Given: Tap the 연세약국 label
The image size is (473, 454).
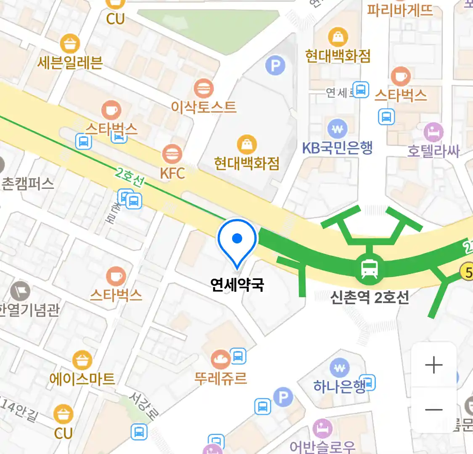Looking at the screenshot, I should [x=237, y=285].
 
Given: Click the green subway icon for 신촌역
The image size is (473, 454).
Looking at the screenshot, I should [x=369, y=269].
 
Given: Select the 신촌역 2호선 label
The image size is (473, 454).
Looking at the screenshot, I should [x=369, y=298].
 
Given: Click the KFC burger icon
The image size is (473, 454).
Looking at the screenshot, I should [x=172, y=154].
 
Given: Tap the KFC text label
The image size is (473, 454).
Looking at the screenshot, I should [x=172, y=173].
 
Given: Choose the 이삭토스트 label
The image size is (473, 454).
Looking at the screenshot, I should [x=203, y=107].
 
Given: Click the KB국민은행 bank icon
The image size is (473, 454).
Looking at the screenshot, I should [x=337, y=129].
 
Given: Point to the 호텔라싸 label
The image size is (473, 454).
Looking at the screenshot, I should [x=433, y=151].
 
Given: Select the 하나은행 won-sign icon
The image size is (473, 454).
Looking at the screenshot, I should [x=340, y=369].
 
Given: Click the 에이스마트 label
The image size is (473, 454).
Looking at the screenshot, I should [x=82, y=379].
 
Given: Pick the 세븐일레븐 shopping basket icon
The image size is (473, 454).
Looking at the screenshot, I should [x=70, y=44].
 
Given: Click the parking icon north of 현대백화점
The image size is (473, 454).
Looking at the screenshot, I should [x=275, y=65].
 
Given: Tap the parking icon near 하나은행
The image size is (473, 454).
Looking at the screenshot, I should [x=283, y=397].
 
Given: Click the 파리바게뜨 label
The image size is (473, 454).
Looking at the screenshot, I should [x=400, y=10].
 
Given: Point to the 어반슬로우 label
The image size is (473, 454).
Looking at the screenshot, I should [x=322, y=446].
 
